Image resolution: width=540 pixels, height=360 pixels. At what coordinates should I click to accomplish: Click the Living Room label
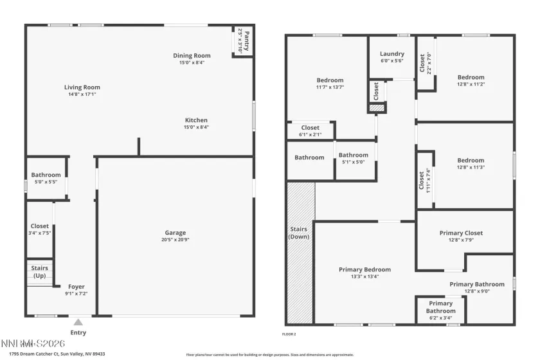(x=82, y=87)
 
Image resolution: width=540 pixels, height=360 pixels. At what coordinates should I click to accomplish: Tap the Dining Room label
(x=192, y=56)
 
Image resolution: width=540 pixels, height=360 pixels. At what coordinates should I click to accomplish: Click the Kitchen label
(x=196, y=120)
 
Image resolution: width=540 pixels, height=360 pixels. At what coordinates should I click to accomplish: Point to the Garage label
(x=175, y=233)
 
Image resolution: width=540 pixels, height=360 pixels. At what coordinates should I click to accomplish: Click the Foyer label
(x=76, y=287)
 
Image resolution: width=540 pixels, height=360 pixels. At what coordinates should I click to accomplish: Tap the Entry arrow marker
(x=78, y=322)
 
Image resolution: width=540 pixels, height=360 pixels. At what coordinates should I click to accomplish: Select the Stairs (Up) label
(x=40, y=272)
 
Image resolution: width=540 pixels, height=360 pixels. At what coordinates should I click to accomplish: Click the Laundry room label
(x=392, y=54)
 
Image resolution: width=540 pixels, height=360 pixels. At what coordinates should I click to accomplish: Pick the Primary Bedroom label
(x=364, y=270)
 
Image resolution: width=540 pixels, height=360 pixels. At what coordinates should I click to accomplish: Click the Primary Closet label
(x=461, y=233)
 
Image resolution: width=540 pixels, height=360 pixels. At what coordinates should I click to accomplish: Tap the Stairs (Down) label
(x=299, y=233)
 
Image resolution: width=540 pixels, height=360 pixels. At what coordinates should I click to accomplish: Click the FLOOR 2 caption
(x=289, y=334)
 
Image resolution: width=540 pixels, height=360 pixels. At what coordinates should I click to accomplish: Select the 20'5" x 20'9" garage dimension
(x=175, y=240)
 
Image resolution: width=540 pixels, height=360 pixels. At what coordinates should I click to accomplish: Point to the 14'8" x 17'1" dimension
(x=82, y=94)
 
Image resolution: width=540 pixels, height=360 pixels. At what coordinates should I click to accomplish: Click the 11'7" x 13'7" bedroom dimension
(x=330, y=87)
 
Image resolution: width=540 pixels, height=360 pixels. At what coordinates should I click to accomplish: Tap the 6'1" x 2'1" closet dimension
(x=310, y=135)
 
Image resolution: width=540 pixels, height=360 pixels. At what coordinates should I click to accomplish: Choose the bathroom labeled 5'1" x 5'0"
(x=354, y=155)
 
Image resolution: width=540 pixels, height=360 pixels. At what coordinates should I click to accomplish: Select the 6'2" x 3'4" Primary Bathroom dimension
(x=440, y=318)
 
